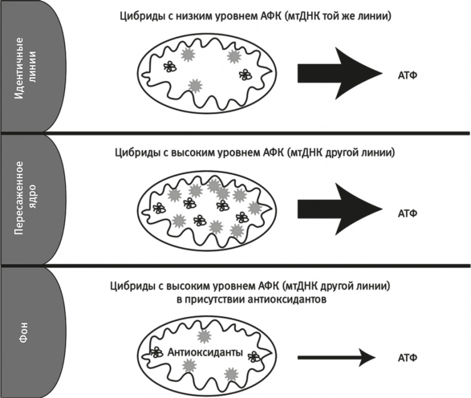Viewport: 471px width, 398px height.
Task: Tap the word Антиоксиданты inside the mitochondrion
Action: point(205,353)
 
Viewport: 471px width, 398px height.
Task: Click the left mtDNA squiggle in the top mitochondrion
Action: point(171,67)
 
